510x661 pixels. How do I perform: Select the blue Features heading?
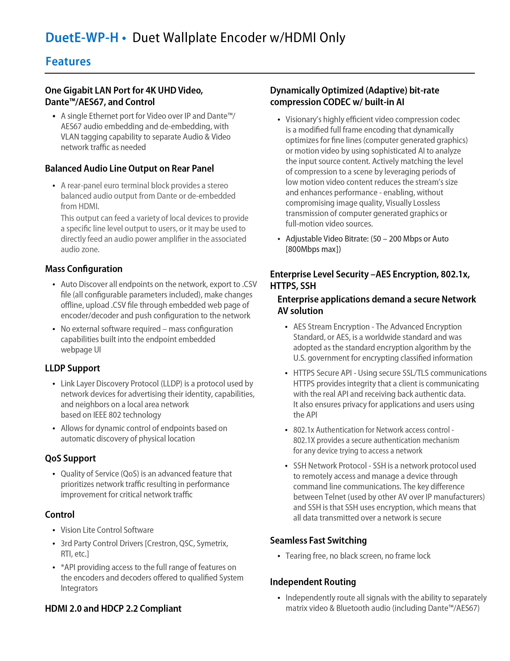[x=68, y=61]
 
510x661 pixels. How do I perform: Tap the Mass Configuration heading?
[x=84, y=269]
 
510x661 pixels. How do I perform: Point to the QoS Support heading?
[x=70, y=458]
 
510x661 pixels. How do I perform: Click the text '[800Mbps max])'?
[x=313, y=249]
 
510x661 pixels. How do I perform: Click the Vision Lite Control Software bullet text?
[x=107, y=530]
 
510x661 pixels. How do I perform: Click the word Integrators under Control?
[x=79, y=588]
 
